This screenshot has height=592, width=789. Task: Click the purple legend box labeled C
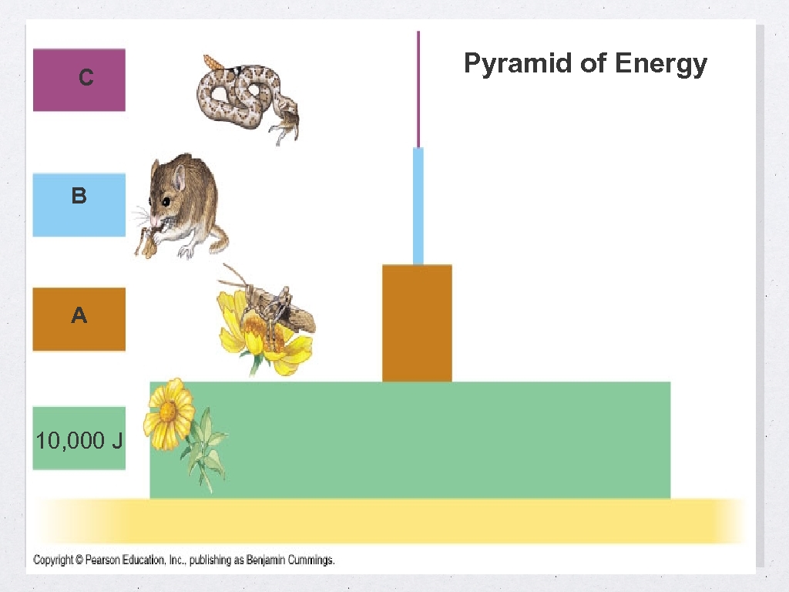[x=79, y=79]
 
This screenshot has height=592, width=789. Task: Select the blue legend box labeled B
[x=79, y=204]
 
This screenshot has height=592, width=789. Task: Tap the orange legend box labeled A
[x=79, y=318]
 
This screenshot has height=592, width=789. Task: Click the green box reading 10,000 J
[x=79, y=438]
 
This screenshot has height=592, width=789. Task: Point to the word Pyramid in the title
[x=518, y=63]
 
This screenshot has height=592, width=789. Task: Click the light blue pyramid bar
[x=418, y=206]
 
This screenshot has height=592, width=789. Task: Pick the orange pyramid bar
[x=417, y=323]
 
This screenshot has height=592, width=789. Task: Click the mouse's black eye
[x=166, y=201]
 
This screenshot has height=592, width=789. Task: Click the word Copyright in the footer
[x=53, y=560]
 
